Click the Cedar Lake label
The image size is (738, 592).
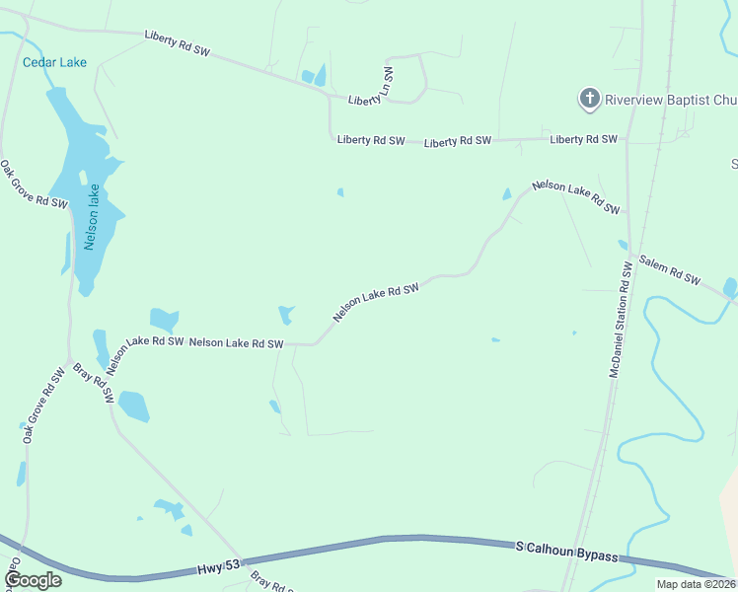(x=54, y=62)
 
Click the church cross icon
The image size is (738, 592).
(x=589, y=98)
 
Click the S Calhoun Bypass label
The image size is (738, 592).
(x=567, y=551)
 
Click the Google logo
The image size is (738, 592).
(x=33, y=579)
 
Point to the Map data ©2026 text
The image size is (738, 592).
(x=697, y=584)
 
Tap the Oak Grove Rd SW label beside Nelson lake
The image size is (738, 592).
(x=33, y=185)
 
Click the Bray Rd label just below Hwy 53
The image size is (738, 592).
(x=272, y=581)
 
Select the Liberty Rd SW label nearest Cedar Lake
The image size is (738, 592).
(x=179, y=42)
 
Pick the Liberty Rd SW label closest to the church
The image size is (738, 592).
(x=584, y=139)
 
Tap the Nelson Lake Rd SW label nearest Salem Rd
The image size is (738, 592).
(x=576, y=197)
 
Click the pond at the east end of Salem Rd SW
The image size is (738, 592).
(x=730, y=287)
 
